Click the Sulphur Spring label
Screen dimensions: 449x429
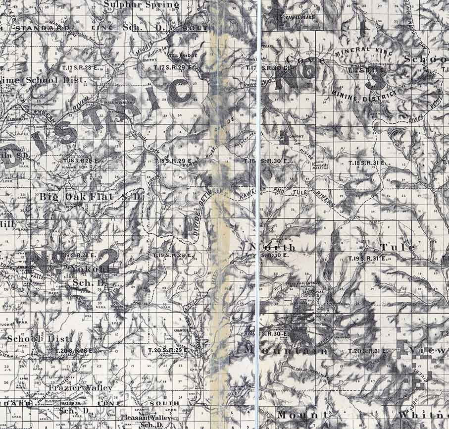(142, 5)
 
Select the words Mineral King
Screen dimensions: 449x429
(363, 51)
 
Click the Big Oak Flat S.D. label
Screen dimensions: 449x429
(91, 197)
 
